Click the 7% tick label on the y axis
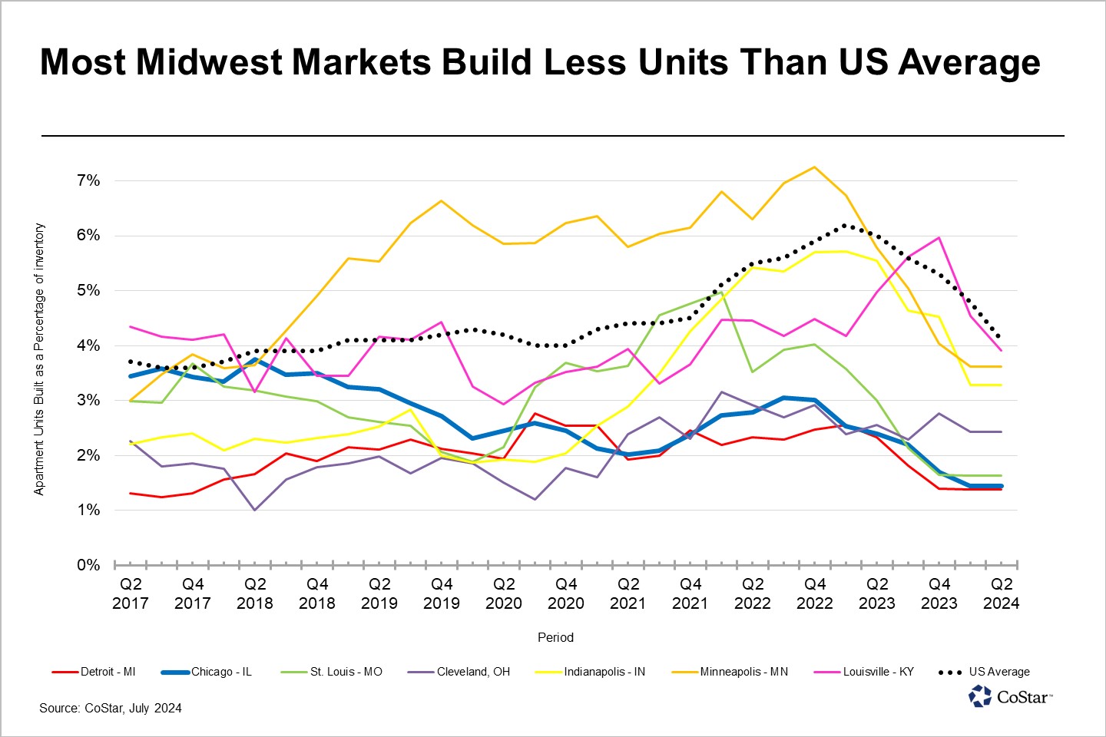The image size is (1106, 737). coord(88,180)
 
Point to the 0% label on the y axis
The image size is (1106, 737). coord(88,565)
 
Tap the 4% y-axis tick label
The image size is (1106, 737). coord(88,345)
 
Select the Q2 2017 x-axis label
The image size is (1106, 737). coord(131,593)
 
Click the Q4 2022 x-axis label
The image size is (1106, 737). coord(815,593)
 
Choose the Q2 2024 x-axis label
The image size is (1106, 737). coord(1002,593)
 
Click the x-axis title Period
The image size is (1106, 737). coord(555,637)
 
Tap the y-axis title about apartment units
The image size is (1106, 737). coord(40,359)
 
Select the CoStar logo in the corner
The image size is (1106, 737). coord(1011,696)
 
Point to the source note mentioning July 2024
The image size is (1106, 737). coord(111,708)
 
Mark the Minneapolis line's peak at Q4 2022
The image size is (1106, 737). coord(815,167)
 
